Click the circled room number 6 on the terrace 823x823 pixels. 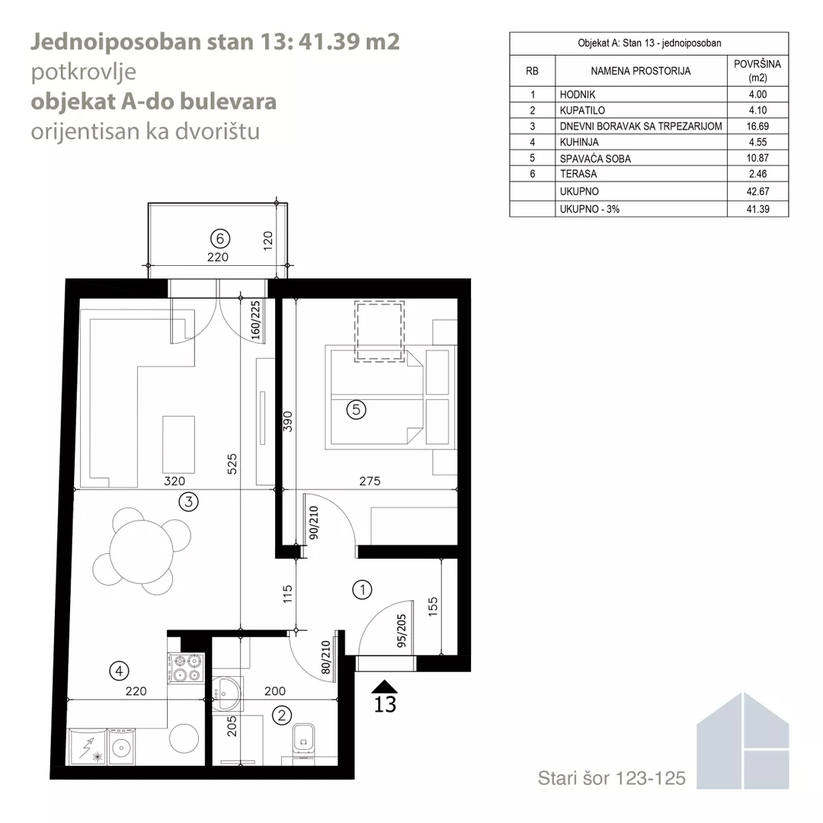click(x=220, y=239)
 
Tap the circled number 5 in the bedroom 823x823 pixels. click(x=357, y=409)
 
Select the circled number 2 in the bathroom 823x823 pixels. click(x=282, y=715)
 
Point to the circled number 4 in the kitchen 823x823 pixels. click(x=119, y=671)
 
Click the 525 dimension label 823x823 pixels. click(x=232, y=464)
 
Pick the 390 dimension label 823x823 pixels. click(x=287, y=421)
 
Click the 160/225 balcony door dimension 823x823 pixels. click(x=255, y=320)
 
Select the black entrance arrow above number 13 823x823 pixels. click(x=384, y=687)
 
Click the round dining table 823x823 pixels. click(x=141, y=552)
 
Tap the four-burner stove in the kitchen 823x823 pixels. click(x=186, y=668)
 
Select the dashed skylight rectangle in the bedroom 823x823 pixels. click(x=379, y=331)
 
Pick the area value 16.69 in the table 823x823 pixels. click(x=757, y=126)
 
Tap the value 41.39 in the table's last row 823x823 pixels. click(x=757, y=209)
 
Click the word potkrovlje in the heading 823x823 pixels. click(x=84, y=72)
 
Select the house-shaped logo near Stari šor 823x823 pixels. click(x=743, y=741)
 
